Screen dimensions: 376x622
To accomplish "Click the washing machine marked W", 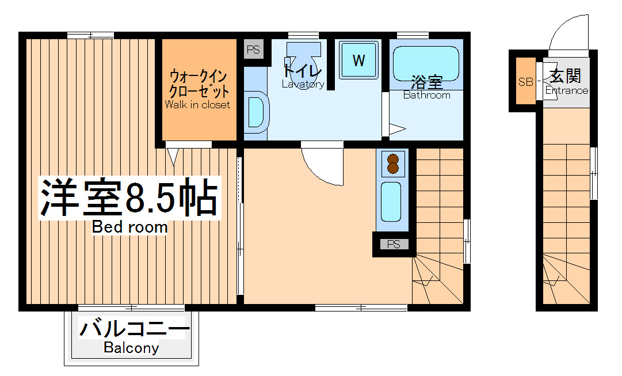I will tap(358, 60).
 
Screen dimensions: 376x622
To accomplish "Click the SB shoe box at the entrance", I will tap(525, 81).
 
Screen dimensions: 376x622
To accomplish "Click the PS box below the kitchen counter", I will tap(394, 244).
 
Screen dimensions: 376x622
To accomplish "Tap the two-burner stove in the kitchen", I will tap(394, 164).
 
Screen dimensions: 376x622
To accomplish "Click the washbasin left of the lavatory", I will tap(255, 111).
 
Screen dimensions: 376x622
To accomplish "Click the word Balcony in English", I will tap(131, 348).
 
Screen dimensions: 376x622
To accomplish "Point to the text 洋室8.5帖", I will tap(129, 198).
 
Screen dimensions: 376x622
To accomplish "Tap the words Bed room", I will tap(130, 227).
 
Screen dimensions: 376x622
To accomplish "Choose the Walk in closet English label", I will tap(197, 105).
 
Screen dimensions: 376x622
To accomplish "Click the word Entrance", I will tap(567, 90).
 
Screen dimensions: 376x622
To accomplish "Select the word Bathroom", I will tap(426, 95).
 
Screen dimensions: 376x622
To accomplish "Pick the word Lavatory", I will tap(303, 84).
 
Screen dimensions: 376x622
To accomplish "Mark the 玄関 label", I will tap(565, 75).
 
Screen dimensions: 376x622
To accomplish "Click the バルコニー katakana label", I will tap(134, 330).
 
